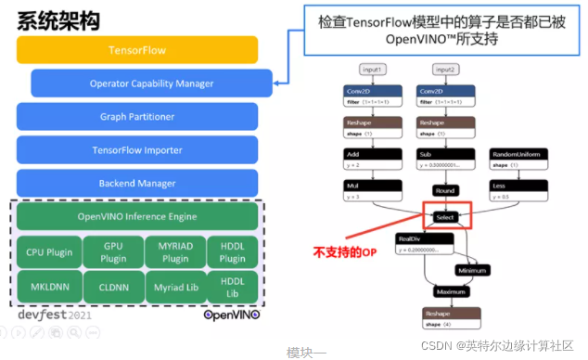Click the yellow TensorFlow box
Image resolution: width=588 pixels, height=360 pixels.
pyautogui.click(x=137, y=49)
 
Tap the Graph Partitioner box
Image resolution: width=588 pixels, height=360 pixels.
pyautogui.click(x=137, y=117)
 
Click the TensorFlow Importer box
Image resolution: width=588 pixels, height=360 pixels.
pyautogui.click(x=137, y=149)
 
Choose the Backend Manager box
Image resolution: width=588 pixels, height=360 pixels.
pyautogui.click(x=137, y=183)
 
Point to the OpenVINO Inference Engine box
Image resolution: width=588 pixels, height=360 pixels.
pyautogui.click(x=137, y=217)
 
